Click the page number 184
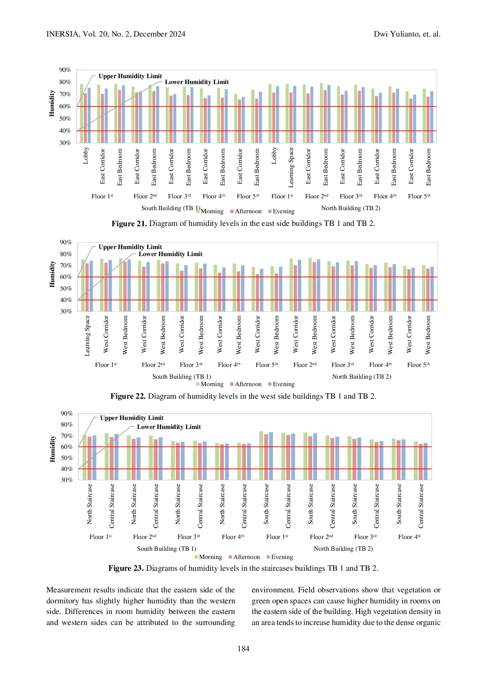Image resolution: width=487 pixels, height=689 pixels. (x=243, y=649)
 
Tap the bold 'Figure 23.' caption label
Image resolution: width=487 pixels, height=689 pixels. (x=126, y=568)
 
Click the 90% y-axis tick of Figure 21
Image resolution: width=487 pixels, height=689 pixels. (x=65, y=70)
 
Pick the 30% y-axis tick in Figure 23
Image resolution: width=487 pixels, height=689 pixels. (x=67, y=480)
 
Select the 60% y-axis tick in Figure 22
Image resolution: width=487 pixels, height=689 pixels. (x=66, y=277)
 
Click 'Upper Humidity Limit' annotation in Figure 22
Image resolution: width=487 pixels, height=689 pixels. (x=130, y=247)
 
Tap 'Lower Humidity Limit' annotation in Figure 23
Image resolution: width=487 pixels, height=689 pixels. (x=169, y=427)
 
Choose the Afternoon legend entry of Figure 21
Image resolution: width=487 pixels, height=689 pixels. (x=246, y=211)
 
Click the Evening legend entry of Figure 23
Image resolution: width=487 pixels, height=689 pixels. (x=280, y=557)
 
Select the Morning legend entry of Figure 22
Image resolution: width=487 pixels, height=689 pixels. (x=210, y=384)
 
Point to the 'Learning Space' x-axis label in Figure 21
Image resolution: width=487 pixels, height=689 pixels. (x=291, y=167)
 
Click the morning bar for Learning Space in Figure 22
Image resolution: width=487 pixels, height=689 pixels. (x=83, y=285)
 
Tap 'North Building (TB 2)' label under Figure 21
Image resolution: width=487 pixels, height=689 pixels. (x=351, y=208)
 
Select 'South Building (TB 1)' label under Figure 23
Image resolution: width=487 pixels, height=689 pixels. (x=167, y=549)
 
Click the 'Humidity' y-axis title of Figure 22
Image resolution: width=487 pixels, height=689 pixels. (x=52, y=274)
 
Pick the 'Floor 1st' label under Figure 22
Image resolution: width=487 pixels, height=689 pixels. (x=106, y=365)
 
